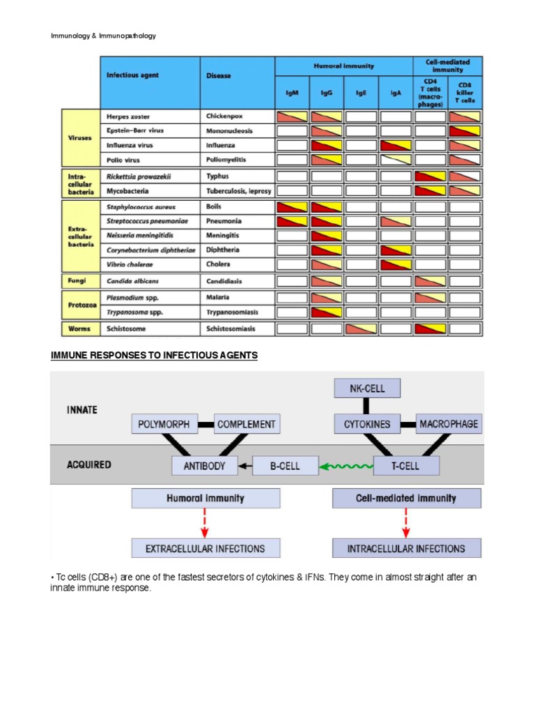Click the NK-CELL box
pos(367,388)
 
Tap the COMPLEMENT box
pos(246,423)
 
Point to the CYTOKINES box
pos(367,423)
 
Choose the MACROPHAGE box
pos(449,423)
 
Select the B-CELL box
pos(285,465)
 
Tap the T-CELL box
pos(405,465)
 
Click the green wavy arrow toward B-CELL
pos(346,465)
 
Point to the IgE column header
pos(362,91)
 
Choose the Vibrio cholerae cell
pos(130,264)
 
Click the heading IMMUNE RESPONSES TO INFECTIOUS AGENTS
pos(154,356)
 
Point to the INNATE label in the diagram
pos(82,409)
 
